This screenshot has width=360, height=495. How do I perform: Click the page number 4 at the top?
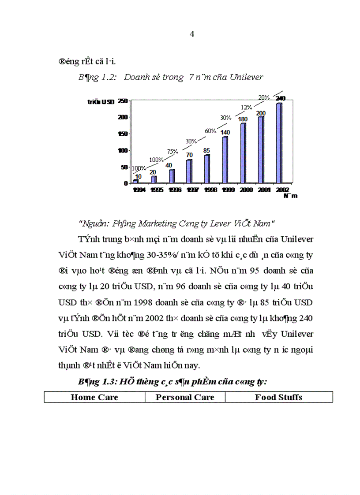pyautogui.click(x=192, y=35)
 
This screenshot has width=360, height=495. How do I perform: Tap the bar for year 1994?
pyautogui.click(x=136, y=181)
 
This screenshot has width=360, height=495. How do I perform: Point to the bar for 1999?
pyautogui.click(x=225, y=159)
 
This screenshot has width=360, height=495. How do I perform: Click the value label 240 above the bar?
pyautogui.click(x=280, y=99)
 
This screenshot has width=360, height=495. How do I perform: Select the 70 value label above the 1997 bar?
pyautogui.click(x=189, y=155)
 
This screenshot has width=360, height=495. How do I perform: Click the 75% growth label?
pyautogui.click(x=172, y=151)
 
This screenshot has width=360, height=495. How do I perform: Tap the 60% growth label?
pyautogui.click(x=210, y=131)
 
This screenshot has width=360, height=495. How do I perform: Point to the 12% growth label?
pyautogui.click(x=246, y=107)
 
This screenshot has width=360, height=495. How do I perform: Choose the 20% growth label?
pyautogui.click(x=264, y=97)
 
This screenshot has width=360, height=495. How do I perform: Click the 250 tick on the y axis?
pyautogui.click(x=122, y=101)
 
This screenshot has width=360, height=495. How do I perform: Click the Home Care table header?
pyautogui.click(x=94, y=397)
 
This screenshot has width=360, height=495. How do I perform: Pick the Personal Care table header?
pyautogui.click(x=185, y=397)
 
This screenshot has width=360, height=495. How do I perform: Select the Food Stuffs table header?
pyautogui.click(x=278, y=397)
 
